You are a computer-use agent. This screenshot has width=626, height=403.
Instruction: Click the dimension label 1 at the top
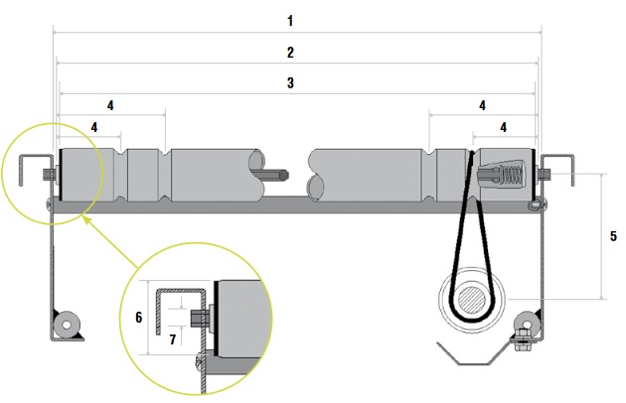(x=289, y=20)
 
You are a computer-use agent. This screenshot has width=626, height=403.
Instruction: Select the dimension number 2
(x=289, y=52)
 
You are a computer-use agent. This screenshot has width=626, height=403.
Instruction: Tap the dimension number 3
(x=289, y=83)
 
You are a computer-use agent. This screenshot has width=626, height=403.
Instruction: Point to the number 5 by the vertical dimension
(x=613, y=236)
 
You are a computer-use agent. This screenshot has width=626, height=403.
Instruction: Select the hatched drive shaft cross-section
(x=474, y=301)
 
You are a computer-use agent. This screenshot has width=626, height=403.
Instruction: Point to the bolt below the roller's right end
(x=535, y=204)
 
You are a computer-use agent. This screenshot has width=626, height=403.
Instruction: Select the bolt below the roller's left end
(x=49, y=203)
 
